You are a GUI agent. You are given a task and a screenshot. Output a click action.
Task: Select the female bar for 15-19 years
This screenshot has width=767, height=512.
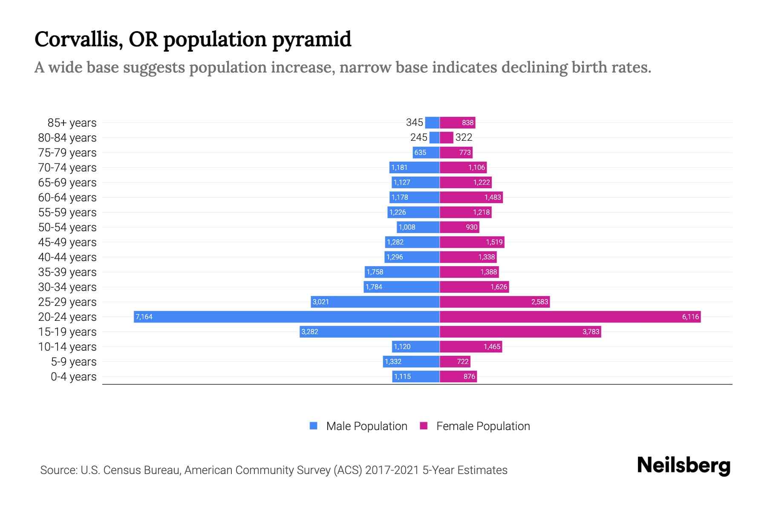click(520, 332)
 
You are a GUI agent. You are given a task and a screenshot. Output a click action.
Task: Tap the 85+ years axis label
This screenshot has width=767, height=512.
click(72, 123)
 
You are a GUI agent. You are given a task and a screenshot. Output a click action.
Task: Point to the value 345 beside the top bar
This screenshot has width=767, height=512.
click(414, 122)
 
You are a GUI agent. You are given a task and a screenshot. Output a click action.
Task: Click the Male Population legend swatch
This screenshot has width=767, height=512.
click(314, 426)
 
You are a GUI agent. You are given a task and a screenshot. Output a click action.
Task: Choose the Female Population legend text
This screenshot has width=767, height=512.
click(483, 426)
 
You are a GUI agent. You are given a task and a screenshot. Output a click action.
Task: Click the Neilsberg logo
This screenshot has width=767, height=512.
click(683, 465)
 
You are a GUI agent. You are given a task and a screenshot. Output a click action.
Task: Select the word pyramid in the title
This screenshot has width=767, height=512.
click(311, 39)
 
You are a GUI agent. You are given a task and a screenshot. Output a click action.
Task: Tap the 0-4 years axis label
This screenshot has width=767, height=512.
click(73, 377)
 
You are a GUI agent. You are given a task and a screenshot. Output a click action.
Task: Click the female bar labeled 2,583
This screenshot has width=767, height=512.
click(494, 302)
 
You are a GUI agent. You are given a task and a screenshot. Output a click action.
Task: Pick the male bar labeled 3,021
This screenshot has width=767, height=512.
click(375, 302)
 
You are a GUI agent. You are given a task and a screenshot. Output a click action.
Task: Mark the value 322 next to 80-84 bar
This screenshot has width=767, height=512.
click(464, 137)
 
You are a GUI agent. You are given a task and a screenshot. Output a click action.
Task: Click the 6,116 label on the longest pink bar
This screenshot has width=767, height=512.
click(690, 317)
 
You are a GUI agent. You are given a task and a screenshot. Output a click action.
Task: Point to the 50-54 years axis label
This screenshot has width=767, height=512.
click(67, 227)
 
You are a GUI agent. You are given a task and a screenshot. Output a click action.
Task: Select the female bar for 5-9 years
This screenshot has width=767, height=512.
click(455, 361)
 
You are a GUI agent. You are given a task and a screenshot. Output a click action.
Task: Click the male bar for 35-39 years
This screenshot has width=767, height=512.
click(402, 272)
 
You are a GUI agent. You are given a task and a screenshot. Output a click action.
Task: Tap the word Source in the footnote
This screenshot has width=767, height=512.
click(58, 470)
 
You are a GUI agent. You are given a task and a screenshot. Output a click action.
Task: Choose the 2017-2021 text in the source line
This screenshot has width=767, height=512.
click(392, 470)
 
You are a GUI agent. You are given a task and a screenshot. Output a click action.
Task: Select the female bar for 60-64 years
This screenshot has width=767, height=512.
click(471, 197)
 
